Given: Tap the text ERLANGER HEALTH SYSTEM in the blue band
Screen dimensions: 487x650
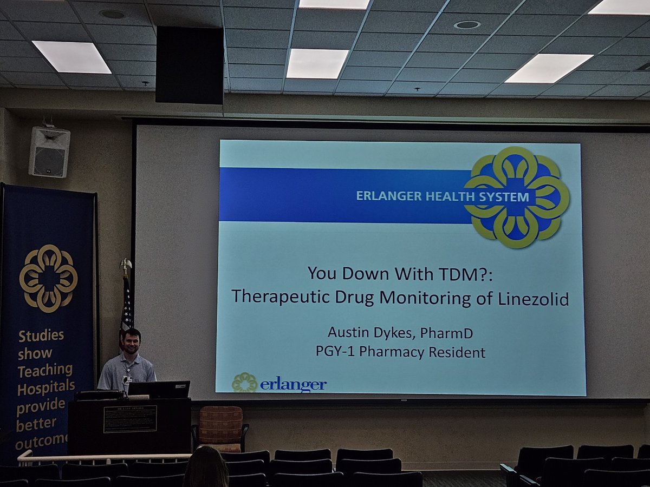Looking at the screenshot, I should click(442, 196).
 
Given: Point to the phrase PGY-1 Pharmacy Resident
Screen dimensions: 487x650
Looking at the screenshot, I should click(400, 352).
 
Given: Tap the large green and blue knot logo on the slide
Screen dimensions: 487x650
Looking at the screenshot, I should click(516, 197).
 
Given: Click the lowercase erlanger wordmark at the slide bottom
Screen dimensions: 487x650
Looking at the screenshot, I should click(292, 384).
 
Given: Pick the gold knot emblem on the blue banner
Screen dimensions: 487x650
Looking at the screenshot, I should click(49, 278).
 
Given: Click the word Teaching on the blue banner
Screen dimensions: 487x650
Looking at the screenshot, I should click(45, 371).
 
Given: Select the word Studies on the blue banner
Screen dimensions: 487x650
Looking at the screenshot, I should click(41, 335).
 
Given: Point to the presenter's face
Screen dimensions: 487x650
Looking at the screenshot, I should click(132, 342).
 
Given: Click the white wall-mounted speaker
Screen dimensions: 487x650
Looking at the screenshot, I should click(49, 152).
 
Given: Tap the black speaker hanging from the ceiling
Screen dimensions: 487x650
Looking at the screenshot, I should click(190, 65).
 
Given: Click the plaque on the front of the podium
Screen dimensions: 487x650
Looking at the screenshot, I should click(130, 419).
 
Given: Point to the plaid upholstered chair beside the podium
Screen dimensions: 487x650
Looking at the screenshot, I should click(220, 427).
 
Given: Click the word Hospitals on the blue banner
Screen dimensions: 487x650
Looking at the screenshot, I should click(46, 387).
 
